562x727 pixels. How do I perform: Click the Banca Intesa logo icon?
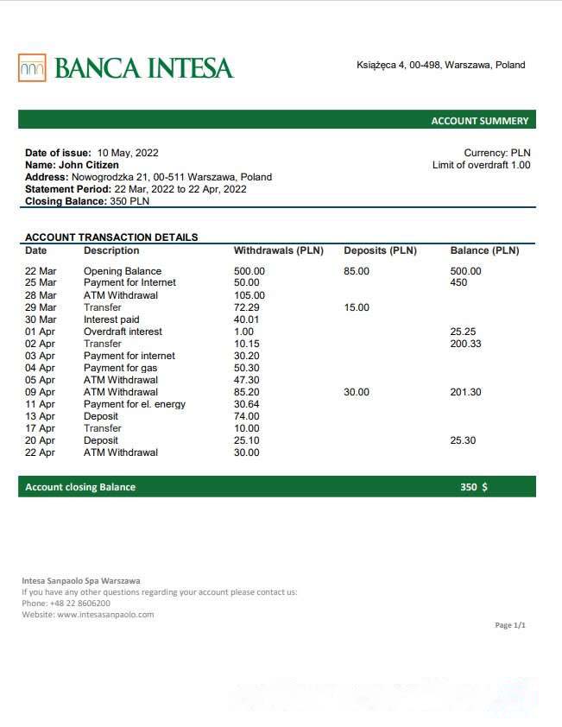coord(32,67)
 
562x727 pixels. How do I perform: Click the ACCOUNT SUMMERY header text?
coord(479,121)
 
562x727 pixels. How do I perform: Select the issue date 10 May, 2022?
coord(128,153)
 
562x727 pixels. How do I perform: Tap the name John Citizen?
coord(89,165)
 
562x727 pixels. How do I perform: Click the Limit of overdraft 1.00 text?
coord(481,165)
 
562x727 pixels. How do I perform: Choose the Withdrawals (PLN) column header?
coord(278,251)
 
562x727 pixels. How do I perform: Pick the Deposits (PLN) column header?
coord(380,251)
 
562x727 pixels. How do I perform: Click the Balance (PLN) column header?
coord(484,251)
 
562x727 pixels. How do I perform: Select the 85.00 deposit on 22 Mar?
coord(357,271)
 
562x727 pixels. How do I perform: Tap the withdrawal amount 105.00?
coord(249,295)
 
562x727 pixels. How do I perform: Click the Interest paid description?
coord(111,319)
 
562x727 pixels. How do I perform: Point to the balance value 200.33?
coord(466,344)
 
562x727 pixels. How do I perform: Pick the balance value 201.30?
coord(466,392)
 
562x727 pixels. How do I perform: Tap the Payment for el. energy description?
coord(135,404)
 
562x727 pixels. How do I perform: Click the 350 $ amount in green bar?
coord(473,487)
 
